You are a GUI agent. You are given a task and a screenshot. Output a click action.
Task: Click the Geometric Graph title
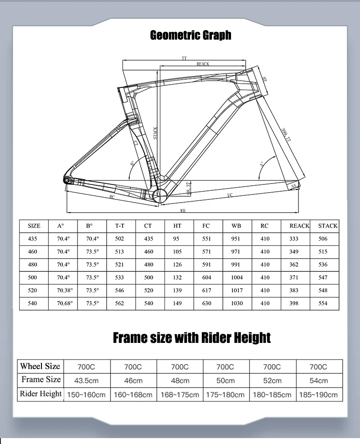coord(190,36)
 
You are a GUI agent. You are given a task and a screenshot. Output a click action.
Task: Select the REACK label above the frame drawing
coord(203,64)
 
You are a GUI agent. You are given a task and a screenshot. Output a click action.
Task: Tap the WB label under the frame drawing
coord(183,211)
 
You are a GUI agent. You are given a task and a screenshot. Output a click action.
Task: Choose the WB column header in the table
coord(237,226)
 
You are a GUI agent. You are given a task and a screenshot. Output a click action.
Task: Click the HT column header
coord(177,226)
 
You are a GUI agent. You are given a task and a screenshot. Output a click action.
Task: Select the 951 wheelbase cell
coord(237,239)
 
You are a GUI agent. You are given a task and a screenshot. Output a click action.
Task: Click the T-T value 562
coord(119,303)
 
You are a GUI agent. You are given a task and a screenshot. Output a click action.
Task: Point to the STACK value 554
coord(323,303)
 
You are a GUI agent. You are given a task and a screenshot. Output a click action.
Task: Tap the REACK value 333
coord(294,239)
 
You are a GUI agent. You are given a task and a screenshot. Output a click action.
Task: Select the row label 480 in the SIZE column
coord(32,265)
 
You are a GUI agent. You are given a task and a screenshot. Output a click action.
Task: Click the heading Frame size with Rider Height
coord(191,338)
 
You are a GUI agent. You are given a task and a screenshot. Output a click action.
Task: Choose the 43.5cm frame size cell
coord(86,381)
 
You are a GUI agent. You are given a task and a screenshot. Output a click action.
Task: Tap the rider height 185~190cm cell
coord(318,395)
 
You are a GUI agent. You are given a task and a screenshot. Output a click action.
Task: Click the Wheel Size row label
coord(40,366)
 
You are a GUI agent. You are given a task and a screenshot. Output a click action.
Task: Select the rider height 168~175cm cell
coord(180,395)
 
